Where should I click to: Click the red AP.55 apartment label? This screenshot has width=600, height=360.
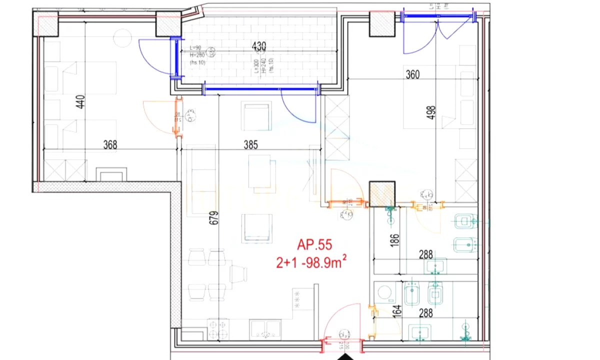coord(314,245)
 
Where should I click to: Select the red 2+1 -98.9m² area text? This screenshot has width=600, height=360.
coord(312,261)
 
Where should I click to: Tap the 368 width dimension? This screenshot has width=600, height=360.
coord(109,144)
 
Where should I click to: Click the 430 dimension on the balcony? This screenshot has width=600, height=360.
coord(258,47)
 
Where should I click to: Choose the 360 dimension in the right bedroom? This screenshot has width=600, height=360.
coord(412,75)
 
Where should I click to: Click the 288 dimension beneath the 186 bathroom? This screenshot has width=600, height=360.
coord(425,254)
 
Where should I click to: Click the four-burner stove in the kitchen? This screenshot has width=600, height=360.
coord(218,329)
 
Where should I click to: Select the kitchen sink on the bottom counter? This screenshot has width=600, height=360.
coord(265,329)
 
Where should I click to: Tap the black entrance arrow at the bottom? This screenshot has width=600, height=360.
coord(344,357)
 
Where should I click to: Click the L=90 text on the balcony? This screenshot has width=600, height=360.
coord(195,47)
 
